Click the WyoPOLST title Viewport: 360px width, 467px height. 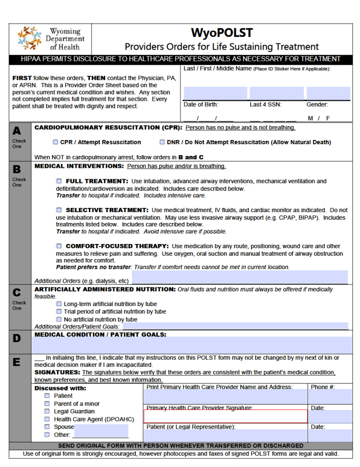[221, 33]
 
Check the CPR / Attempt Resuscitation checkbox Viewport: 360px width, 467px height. [56, 142]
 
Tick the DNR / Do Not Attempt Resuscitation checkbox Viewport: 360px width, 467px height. [162, 142]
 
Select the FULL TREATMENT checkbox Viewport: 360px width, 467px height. [59, 181]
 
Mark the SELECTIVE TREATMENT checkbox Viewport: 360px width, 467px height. [59, 210]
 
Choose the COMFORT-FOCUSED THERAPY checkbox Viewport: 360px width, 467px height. [59, 246]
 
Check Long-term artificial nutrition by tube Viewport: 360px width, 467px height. [59, 304]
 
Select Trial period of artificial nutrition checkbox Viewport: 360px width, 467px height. [59, 311]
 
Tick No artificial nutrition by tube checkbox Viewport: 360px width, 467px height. [59, 319]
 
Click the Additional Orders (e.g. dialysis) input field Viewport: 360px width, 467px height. [239, 277]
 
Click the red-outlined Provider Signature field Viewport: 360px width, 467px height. [226, 416]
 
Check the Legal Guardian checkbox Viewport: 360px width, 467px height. [47, 411]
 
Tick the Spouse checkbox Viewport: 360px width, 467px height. [47, 427]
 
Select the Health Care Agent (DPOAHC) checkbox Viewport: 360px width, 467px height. [47, 419]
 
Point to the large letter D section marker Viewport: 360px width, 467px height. [17, 338]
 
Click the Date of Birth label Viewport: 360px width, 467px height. [201, 104]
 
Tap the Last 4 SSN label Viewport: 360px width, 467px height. [265, 104]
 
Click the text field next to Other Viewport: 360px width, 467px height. [101, 431]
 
